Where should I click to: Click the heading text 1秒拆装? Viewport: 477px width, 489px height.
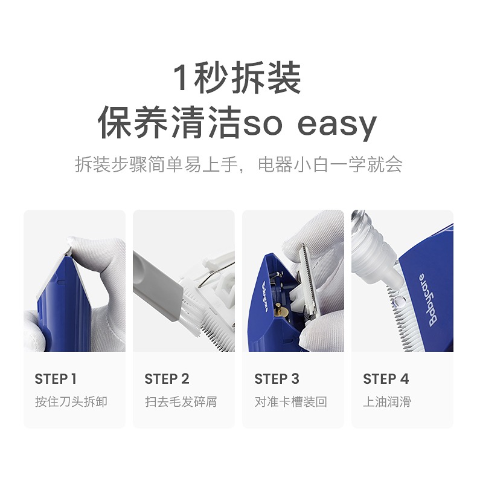[237, 78]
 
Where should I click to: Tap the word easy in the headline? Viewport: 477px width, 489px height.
[337, 125]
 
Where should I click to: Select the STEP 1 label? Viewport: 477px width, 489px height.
[56, 379]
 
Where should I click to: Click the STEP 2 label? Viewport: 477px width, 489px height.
[167, 379]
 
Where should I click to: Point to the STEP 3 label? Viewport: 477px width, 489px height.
[277, 379]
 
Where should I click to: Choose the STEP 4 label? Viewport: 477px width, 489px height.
[386, 379]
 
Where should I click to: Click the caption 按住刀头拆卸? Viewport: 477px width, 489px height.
[71, 402]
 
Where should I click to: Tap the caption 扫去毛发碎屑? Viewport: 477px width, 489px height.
[181, 402]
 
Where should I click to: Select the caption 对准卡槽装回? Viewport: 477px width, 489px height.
[290, 402]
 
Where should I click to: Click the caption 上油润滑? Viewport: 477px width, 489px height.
[387, 402]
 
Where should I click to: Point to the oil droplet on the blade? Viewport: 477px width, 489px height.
[397, 302]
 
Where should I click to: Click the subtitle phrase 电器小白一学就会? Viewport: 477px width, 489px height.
[330, 164]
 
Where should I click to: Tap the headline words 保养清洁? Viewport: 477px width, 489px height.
[170, 123]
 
